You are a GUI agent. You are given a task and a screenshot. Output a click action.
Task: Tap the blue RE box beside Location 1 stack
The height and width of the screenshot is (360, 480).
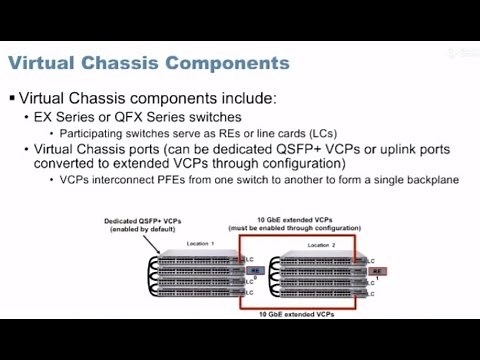pyautogui.click(x=254, y=269)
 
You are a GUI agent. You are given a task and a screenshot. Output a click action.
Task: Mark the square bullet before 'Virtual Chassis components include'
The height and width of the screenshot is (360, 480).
pyautogui.click(x=12, y=99)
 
